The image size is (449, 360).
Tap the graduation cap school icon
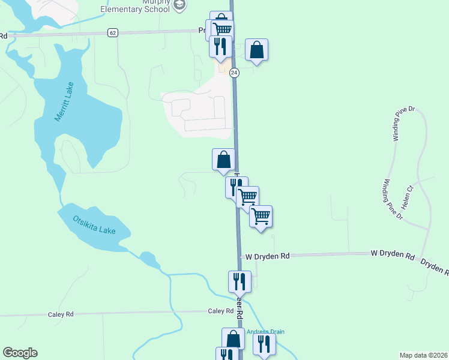pos(179,5)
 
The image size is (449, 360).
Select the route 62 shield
pos(113,32)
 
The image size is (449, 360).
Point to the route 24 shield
pos(234,73)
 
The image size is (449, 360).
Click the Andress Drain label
pos(265,332)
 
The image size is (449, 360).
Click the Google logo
pos(20,353)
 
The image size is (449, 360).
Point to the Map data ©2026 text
pos(424,355)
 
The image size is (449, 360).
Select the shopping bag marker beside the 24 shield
pos(256,50)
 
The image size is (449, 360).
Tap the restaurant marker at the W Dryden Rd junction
pos(239,281)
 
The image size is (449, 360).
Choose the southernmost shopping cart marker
pos(261,216)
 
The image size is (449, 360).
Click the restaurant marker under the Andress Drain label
pos(264,344)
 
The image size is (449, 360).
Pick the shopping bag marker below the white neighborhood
pos(223,160)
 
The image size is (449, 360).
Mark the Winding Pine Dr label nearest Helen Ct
pos(394,199)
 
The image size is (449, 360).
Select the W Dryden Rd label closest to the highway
pos(267,256)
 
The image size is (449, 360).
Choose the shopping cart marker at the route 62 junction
pos(223,29)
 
